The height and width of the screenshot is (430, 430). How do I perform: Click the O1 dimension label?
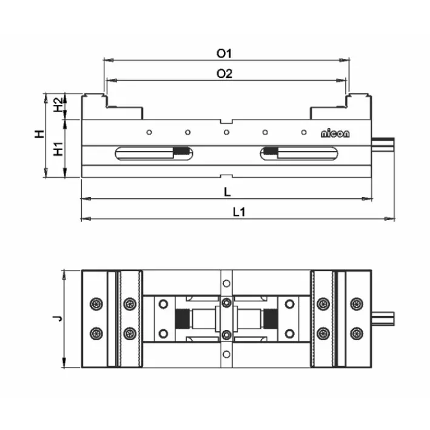[224, 53]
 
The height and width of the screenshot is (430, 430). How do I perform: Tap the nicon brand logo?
[335, 133]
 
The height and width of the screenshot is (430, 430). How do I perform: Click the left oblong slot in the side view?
[153, 154]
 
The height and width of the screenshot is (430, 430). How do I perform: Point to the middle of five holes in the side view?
[226, 132]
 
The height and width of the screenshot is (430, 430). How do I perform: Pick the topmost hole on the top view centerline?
[226, 283]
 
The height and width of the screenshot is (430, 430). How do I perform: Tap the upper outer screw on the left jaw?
[95, 303]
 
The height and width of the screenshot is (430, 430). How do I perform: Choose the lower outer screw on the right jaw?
[357, 333]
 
